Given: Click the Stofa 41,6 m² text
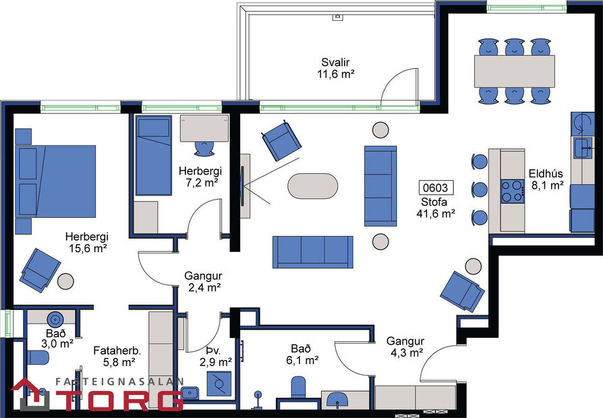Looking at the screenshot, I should [436, 208].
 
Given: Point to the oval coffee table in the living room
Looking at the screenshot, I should [312, 185].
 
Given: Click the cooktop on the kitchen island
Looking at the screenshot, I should [512, 191].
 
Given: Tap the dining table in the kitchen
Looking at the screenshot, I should [515, 68].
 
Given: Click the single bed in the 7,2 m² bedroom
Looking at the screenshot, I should [154, 154].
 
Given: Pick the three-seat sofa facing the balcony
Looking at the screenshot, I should [312, 251].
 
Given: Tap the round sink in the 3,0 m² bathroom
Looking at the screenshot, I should [54, 319].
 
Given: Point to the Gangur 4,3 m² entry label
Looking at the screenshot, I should [405, 346].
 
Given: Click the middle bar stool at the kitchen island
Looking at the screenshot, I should [478, 189].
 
